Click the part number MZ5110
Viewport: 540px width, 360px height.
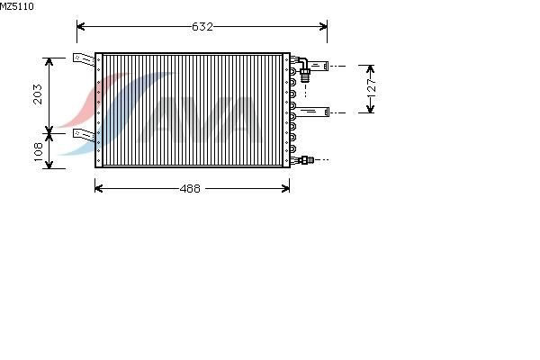[x=17, y=6]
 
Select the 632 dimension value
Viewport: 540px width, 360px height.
[x=202, y=26]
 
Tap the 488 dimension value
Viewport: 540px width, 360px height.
[x=190, y=188]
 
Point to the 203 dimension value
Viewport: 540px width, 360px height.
[x=38, y=94]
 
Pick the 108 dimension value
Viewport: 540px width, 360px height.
[x=38, y=151]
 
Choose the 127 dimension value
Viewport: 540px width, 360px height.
[x=372, y=89]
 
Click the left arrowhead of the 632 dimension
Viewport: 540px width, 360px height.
[x=81, y=26]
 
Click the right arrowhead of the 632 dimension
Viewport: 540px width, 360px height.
[x=323, y=26]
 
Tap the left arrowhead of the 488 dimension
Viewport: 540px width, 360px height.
[x=99, y=188]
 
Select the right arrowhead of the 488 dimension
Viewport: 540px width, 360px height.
[x=285, y=188]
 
